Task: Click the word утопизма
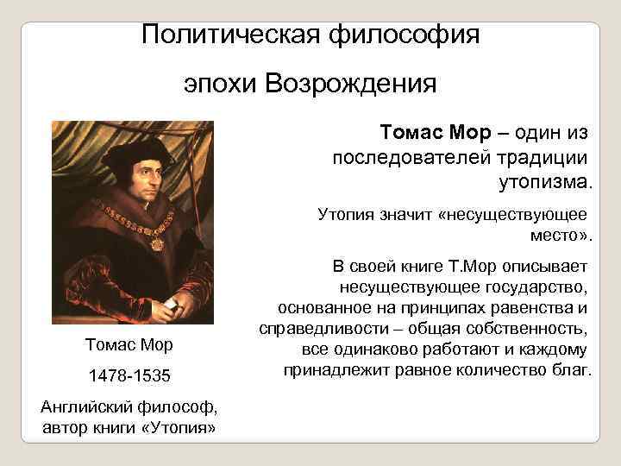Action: [x=544, y=182]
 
